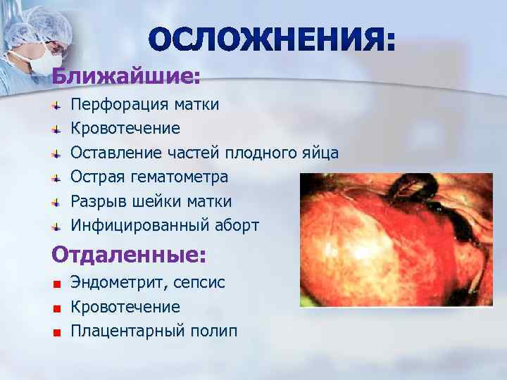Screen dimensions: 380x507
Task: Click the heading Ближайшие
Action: point(125,74)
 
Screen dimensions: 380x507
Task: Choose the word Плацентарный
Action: point(124,331)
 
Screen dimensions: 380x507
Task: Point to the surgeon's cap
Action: point(42,21)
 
